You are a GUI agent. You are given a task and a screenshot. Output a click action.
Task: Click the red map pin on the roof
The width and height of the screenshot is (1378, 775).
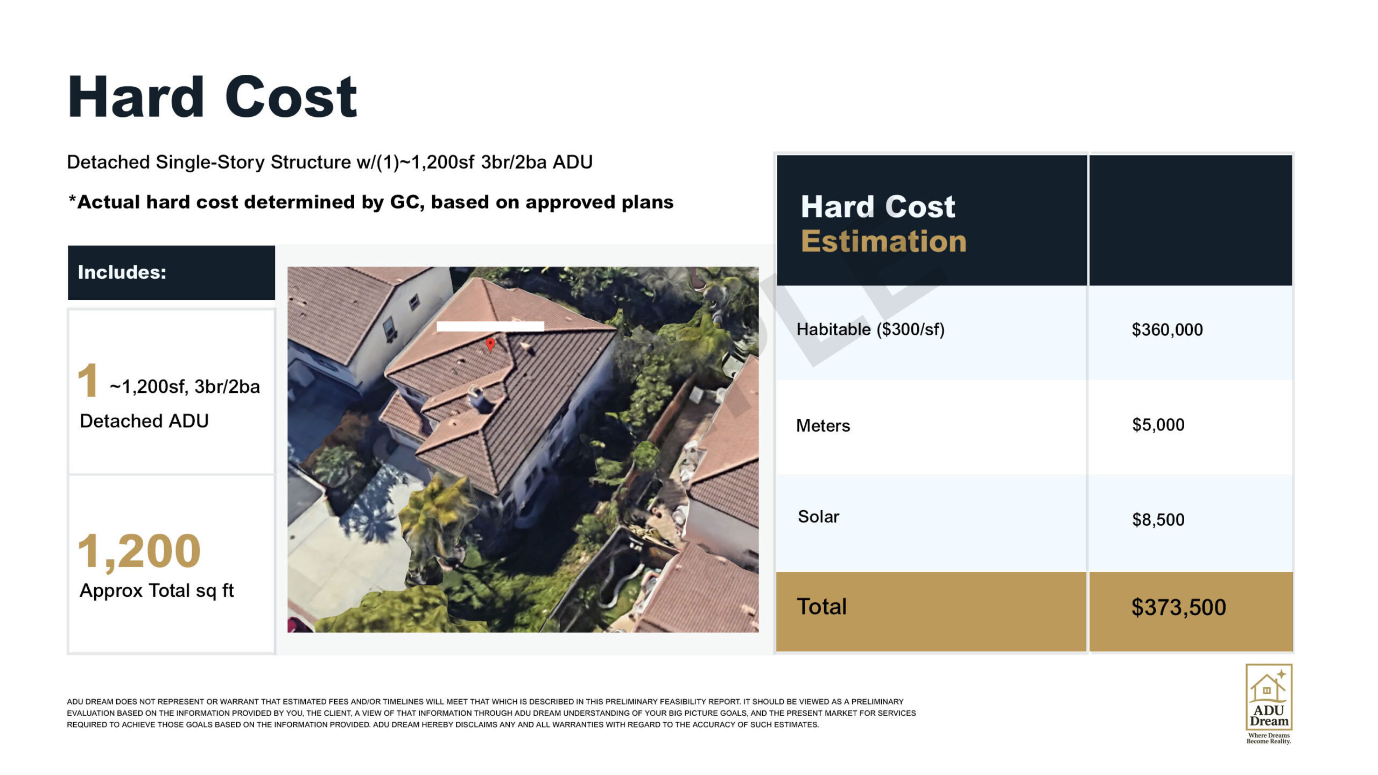tap(490, 344)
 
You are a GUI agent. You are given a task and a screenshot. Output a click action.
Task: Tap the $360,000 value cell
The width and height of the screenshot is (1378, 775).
tap(1167, 329)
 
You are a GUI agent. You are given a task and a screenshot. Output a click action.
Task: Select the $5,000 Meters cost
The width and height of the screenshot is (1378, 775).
tap(1158, 425)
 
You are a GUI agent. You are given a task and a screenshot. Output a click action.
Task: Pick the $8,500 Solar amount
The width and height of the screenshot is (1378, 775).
tap(1158, 519)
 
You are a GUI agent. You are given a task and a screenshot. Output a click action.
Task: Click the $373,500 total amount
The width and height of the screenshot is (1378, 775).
tap(1178, 607)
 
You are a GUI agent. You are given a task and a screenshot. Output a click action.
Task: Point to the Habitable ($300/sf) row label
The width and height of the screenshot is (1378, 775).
tap(870, 329)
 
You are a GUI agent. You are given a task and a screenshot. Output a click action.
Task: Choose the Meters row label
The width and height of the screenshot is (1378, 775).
tap(823, 426)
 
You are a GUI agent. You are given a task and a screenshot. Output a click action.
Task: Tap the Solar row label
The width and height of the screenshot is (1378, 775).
tap(818, 517)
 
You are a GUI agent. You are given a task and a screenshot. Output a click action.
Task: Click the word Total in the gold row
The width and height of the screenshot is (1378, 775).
tap(821, 607)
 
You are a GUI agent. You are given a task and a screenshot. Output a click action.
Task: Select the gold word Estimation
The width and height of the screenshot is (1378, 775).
tap(883, 241)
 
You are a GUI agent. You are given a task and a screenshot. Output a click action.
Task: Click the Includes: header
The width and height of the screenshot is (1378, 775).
tap(122, 272)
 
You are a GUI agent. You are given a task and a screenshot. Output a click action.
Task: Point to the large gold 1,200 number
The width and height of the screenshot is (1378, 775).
tap(139, 551)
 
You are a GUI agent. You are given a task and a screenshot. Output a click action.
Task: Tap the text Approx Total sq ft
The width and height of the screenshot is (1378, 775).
tap(157, 590)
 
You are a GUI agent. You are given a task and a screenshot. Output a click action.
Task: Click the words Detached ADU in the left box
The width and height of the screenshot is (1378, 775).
tap(144, 421)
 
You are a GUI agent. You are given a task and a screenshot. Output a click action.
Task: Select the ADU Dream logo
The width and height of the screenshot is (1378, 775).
tap(1269, 697)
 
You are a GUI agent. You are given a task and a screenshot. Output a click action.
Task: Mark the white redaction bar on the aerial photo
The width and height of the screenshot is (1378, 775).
tap(490, 326)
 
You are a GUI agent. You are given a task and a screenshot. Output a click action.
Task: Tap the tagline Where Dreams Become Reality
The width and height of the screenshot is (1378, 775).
tap(1269, 738)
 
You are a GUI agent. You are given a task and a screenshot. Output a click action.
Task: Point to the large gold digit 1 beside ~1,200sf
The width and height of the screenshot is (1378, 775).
tap(88, 380)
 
